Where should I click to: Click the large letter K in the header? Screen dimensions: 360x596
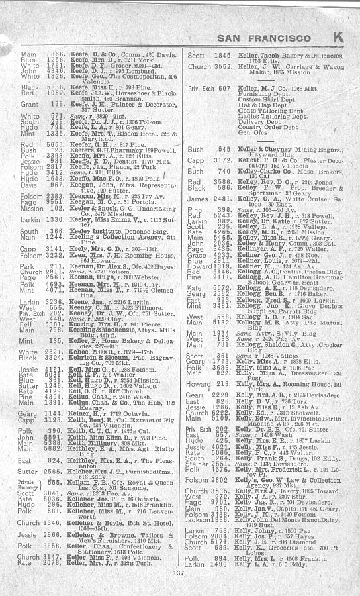coord(337,38)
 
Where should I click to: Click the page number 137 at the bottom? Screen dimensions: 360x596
coord(177,573)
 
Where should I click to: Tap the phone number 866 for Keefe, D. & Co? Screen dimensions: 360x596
coord(56,54)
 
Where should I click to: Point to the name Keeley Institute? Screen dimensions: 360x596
coord(102,231)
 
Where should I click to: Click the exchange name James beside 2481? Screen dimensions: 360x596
coord(197,200)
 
